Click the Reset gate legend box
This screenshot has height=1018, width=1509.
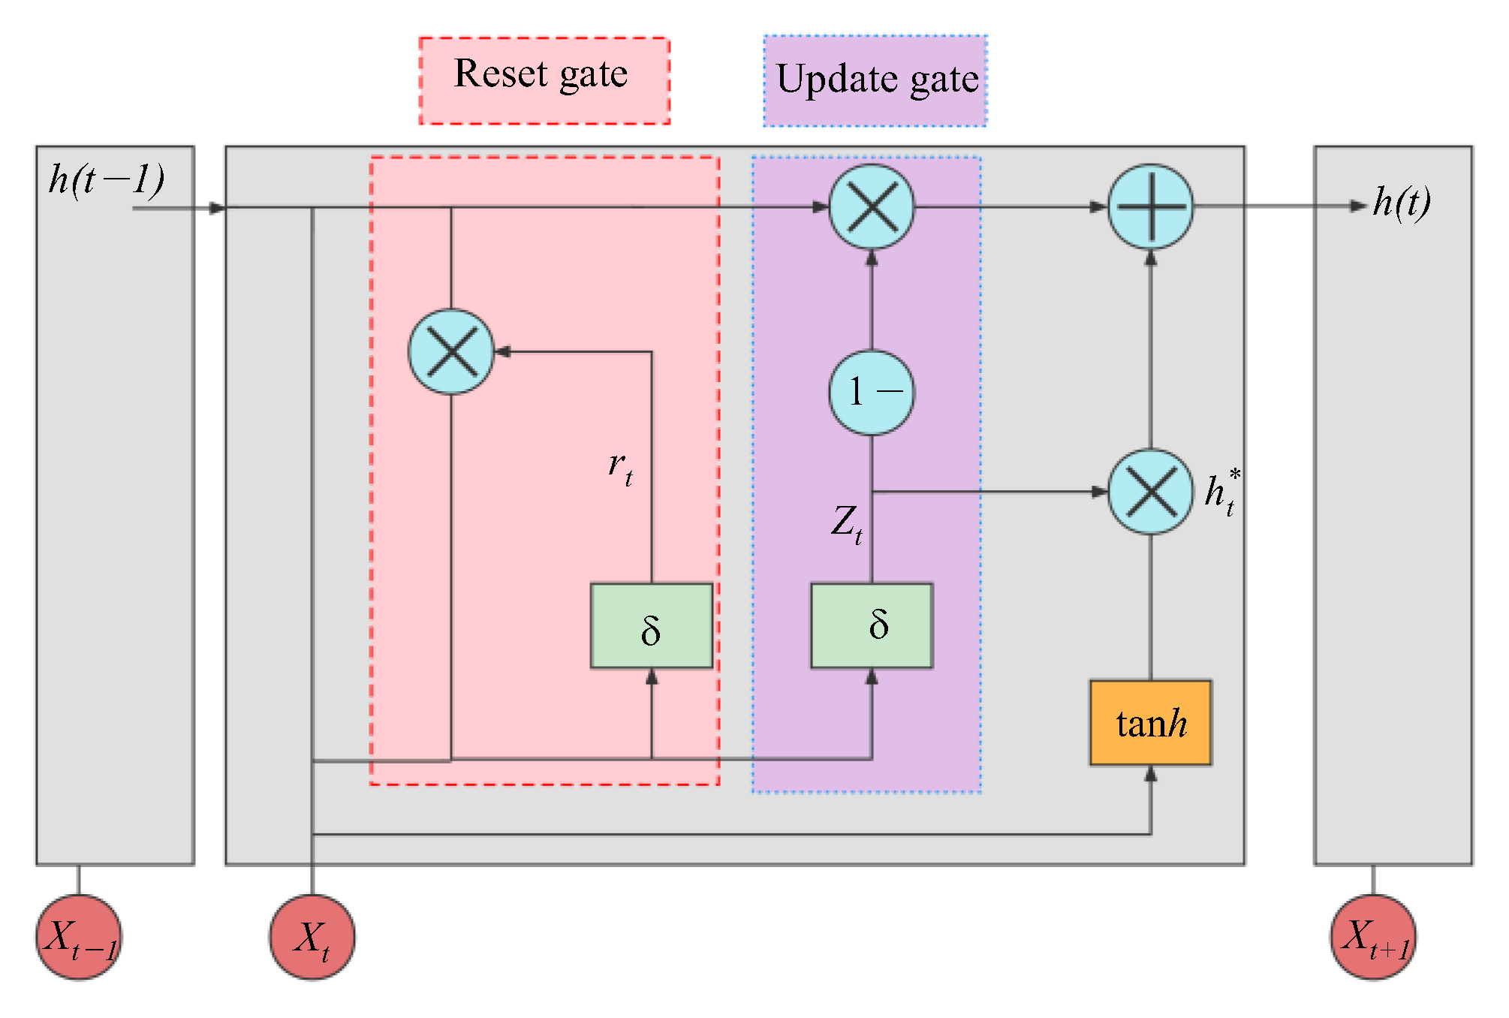[x=544, y=80]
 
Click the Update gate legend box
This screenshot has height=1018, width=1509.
[x=875, y=80]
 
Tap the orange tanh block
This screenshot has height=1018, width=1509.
[x=1150, y=723]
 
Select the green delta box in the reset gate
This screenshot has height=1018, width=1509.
[x=651, y=625]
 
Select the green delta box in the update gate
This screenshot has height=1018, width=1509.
[x=872, y=625]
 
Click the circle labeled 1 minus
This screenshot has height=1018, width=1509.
[x=872, y=392]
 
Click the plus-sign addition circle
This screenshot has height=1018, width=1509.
[x=1150, y=206]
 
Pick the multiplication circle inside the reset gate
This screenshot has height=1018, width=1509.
[x=451, y=351]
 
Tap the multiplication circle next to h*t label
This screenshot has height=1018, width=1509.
[x=1150, y=492]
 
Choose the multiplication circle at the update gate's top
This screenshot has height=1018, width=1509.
[x=872, y=206]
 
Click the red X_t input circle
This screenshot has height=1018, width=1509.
[x=312, y=937]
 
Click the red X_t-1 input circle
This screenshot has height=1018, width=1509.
[x=79, y=937]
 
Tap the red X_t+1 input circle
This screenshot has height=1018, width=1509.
[x=1373, y=937]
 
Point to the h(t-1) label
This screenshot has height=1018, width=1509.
[x=106, y=179]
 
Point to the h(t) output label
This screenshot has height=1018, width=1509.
[x=1401, y=202]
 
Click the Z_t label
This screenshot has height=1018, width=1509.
[x=847, y=523]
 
